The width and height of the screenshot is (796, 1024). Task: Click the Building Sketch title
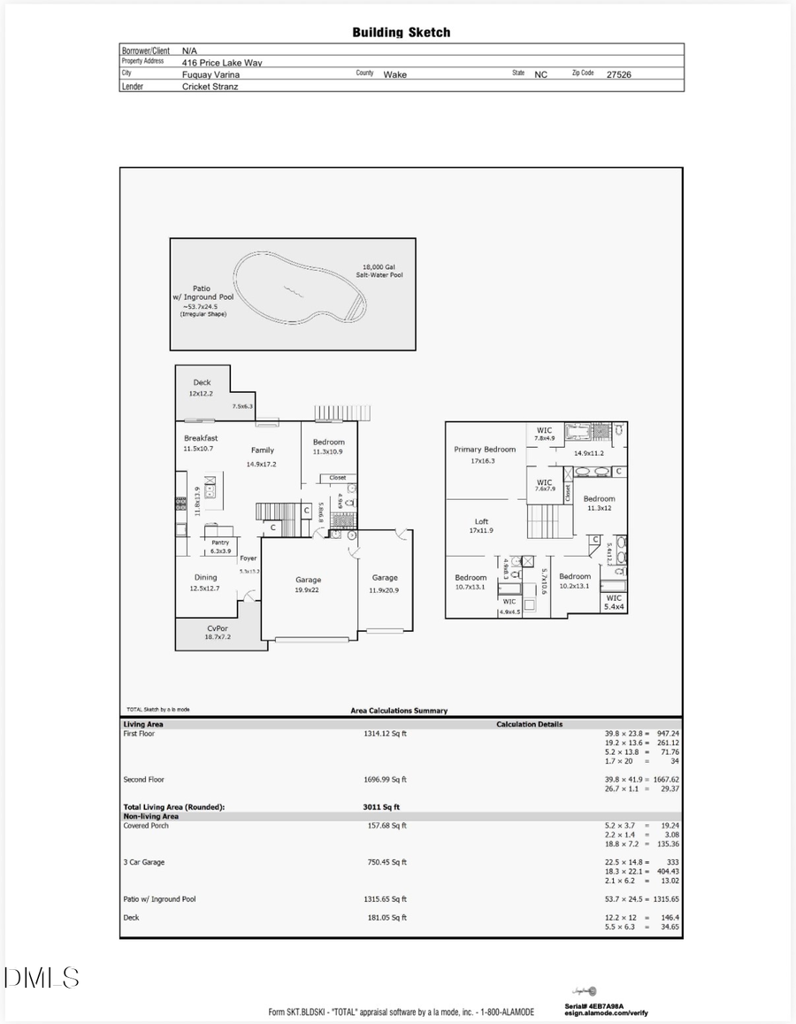point(401,33)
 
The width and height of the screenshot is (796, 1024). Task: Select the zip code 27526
point(618,75)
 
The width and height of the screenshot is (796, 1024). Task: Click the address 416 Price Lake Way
point(222,63)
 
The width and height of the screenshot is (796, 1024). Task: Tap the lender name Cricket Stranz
point(212,87)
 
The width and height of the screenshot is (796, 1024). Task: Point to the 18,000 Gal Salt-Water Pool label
point(382,271)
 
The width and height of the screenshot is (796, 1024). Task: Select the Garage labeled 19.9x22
point(308,585)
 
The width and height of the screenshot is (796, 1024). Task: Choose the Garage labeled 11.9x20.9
point(385,583)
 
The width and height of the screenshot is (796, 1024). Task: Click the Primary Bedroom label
point(485,455)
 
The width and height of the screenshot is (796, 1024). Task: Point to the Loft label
point(480,527)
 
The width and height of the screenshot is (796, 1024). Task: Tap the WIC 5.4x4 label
point(614,603)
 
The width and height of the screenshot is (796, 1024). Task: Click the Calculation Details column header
point(529,725)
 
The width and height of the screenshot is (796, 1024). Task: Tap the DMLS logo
point(42,978)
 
